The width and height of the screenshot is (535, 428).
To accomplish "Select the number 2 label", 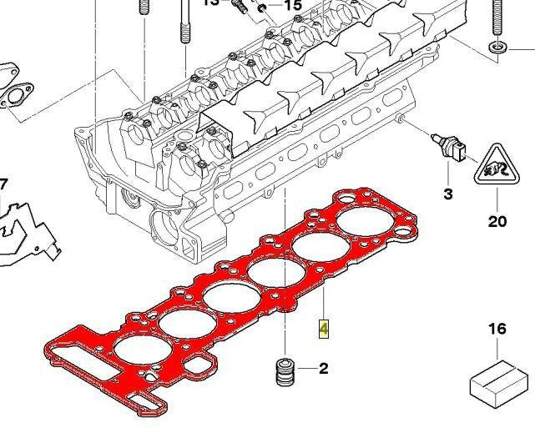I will (x=323, y=369).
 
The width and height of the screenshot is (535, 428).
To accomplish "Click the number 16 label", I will (x=497, y=329).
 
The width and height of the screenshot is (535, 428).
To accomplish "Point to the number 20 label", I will (x=497, y=222).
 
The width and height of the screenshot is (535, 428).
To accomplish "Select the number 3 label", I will (x=447, y=194).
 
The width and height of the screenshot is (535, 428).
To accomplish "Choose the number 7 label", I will (x=3, y=184).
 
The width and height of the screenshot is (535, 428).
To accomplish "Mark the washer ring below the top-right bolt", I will (x=497, y=44).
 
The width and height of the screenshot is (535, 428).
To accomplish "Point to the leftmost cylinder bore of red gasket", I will (x=137, y=355).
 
